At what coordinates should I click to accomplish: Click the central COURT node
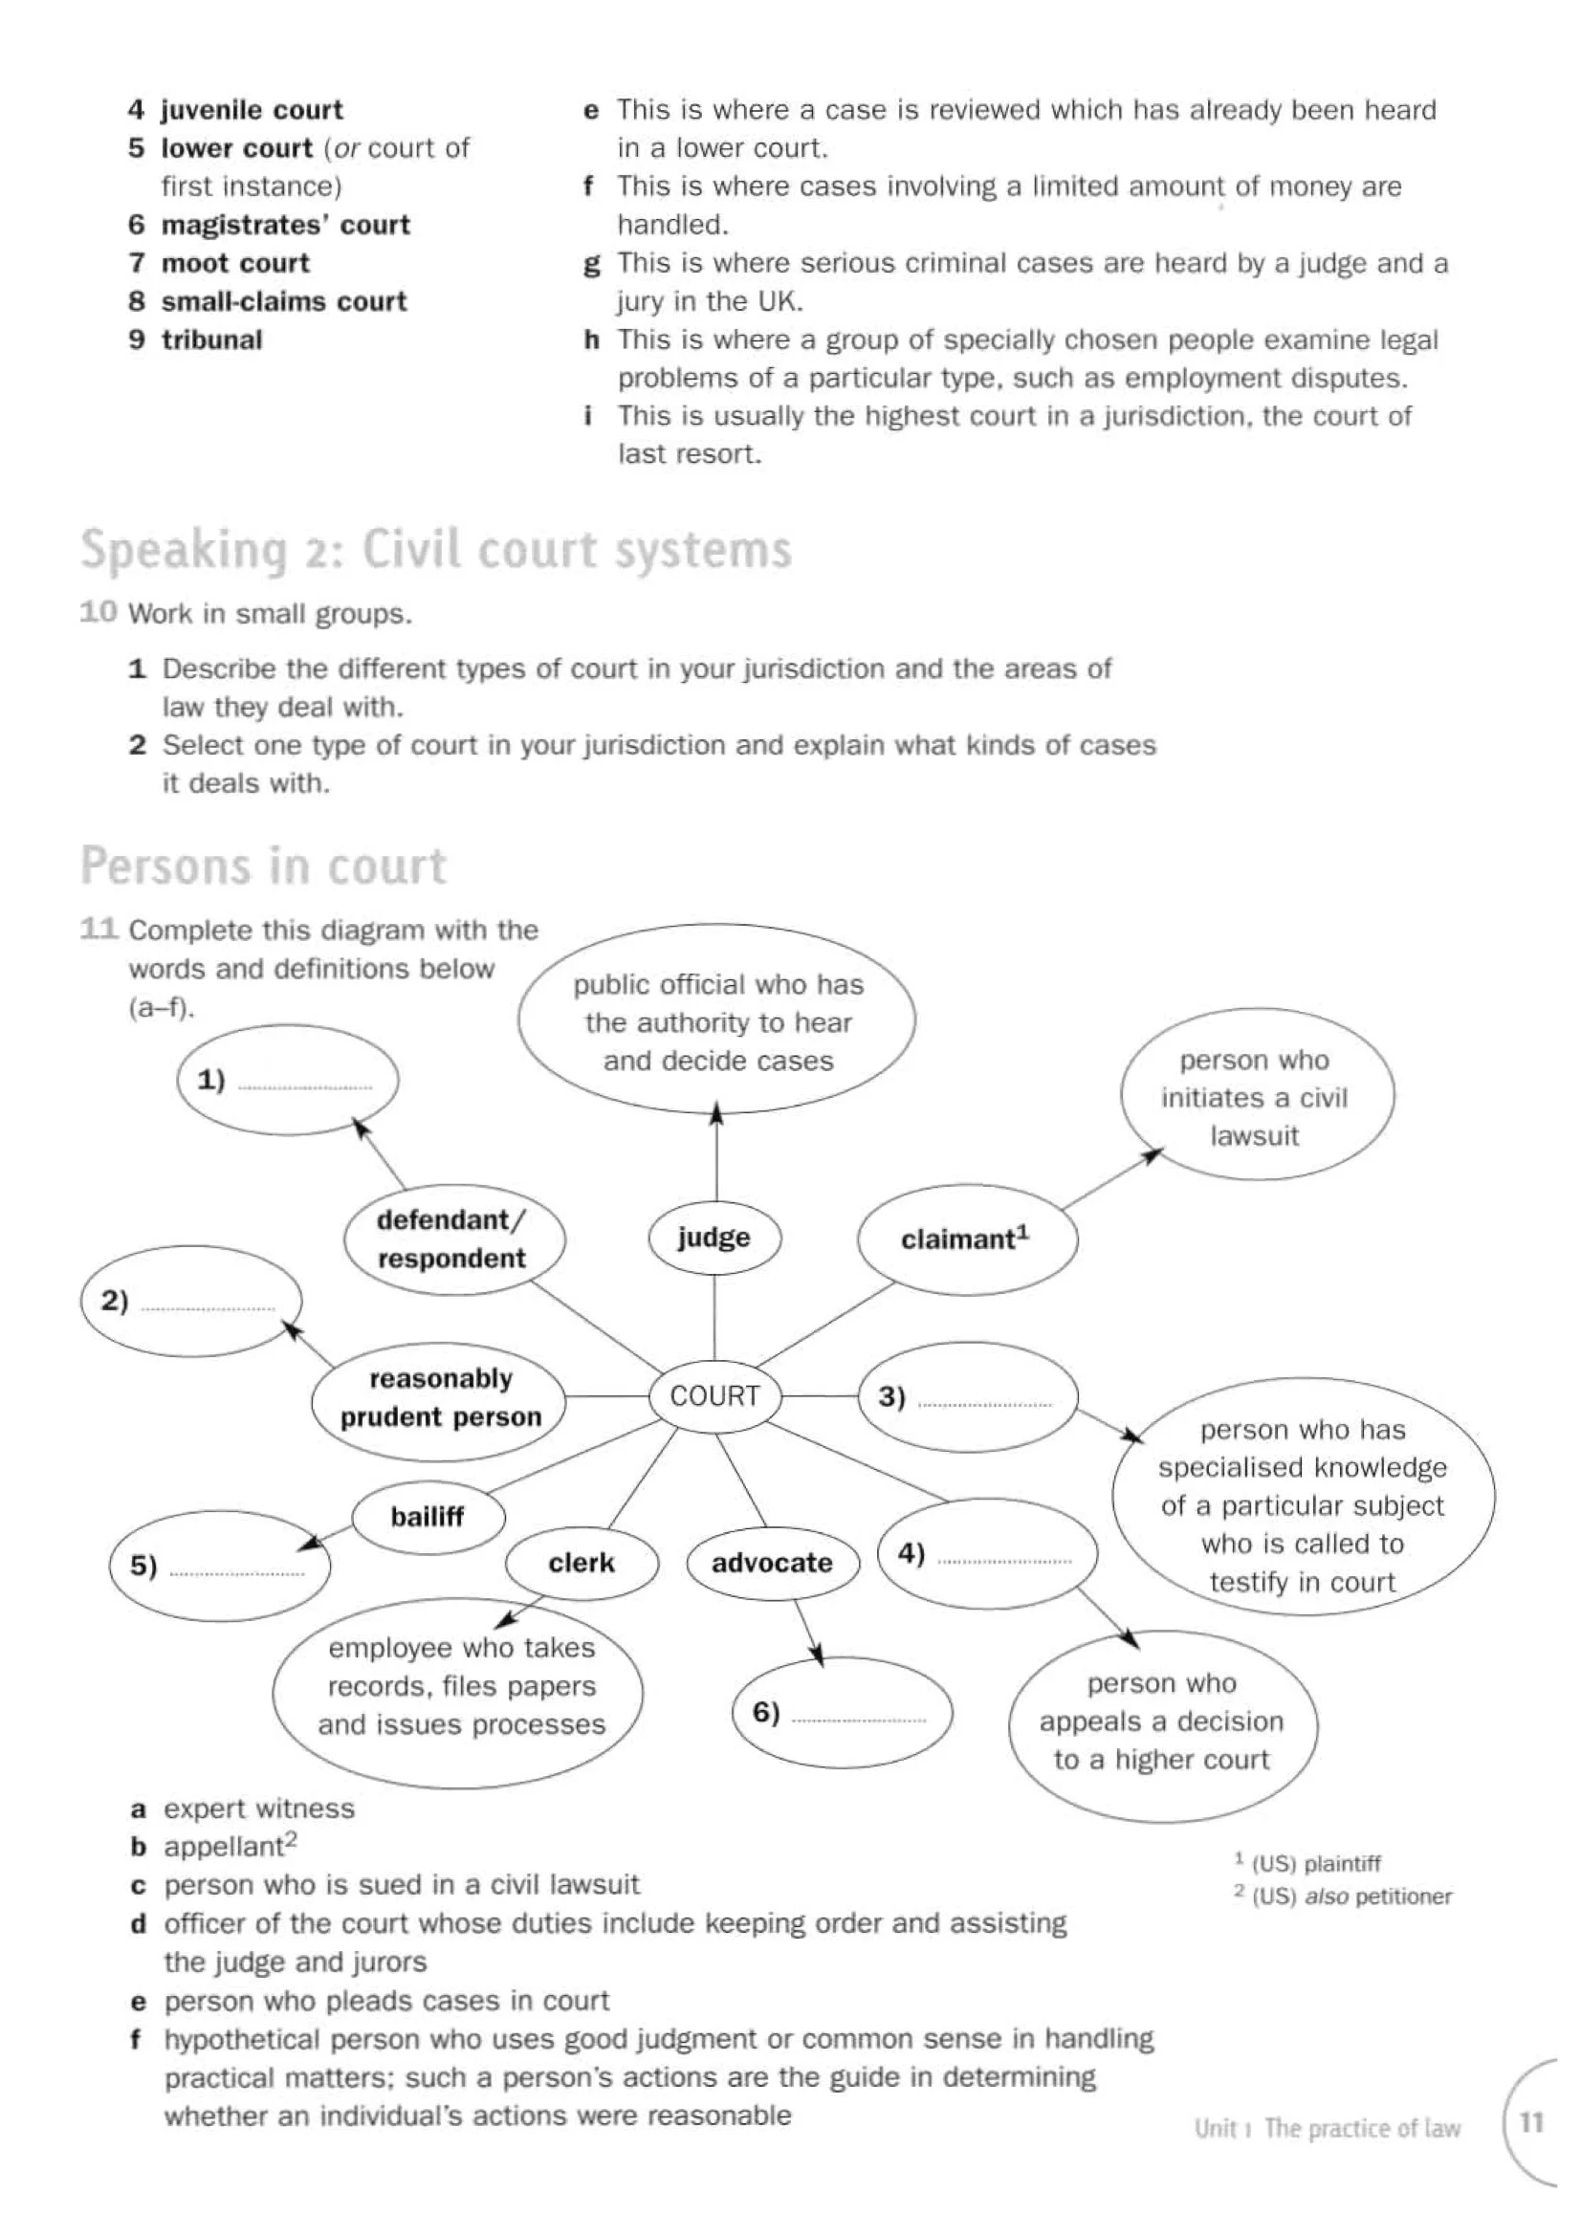714,1395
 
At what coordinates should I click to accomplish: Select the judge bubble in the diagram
714,1238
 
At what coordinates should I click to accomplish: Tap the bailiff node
428,1516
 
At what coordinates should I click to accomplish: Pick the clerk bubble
582,1563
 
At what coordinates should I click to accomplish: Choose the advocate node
772,1563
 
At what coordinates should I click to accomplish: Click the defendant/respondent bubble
452,1239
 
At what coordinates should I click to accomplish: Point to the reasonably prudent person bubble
439,1397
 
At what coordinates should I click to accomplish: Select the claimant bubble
966,1239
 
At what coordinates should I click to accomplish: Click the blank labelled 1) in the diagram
288,1080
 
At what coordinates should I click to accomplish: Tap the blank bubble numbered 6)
842,1713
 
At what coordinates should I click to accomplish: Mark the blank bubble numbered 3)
968,1396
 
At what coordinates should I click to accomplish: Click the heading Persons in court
263,866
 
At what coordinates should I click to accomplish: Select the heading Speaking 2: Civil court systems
435,549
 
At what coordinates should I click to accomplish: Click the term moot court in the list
234,263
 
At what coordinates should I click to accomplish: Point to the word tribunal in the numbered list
211,340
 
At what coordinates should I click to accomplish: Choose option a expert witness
258,1809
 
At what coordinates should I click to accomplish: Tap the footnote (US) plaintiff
1315,1864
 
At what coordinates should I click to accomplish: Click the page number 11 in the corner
1531,2122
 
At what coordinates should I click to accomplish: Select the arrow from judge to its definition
716,1154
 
